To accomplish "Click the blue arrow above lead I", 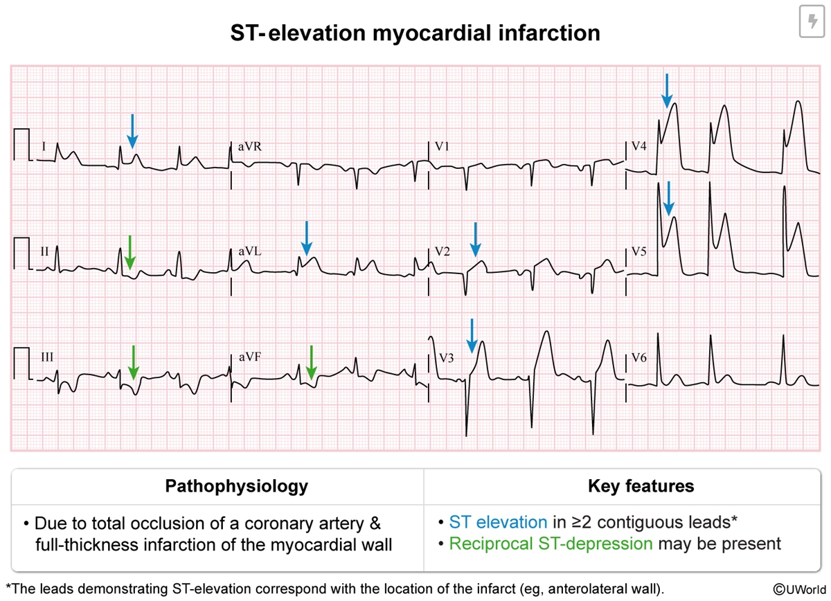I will pos(132,131).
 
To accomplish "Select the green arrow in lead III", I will pos(134,362).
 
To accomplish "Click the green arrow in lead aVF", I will pos(311,362).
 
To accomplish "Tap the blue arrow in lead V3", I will pos(472,335).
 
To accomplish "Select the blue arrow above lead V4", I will pos(666,91).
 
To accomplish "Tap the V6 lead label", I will pos(639,358).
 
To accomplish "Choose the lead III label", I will pos(47,358).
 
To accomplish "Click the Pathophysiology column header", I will pos(236,486).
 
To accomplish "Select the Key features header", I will pos(641,486).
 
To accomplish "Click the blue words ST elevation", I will pos(497,522).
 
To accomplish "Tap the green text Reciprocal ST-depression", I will pos(550,544).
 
